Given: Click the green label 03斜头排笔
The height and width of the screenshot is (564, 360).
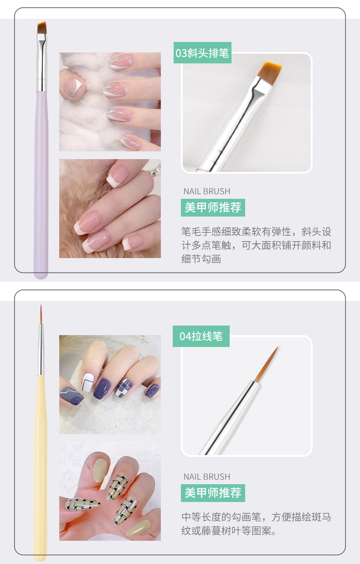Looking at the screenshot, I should coord(202,53).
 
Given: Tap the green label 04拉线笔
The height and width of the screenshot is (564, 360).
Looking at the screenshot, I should coord(201,336).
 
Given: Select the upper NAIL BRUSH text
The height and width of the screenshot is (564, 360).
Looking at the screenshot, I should coord(206,191).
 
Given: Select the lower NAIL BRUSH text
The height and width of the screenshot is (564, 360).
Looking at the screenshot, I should coord(206,476).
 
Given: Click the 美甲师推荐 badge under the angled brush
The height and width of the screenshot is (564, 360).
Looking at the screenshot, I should coord(213,207).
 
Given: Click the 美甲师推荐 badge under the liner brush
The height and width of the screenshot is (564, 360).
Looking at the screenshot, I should coord(213,493).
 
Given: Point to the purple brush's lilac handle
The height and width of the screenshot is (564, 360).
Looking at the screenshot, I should coord(41,182).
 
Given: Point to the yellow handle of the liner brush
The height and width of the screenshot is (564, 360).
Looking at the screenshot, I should coord(41,456).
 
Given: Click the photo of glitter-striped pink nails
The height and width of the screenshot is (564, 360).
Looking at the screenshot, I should coord(110,102).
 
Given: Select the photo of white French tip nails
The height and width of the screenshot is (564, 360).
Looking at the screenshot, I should coord(110,208).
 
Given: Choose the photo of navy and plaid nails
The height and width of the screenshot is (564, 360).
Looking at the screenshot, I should coord(110,384).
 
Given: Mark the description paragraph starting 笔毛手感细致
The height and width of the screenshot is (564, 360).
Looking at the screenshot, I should coord(256,245).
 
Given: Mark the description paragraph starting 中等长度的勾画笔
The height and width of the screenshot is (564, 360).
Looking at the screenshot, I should coord(256,524).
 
